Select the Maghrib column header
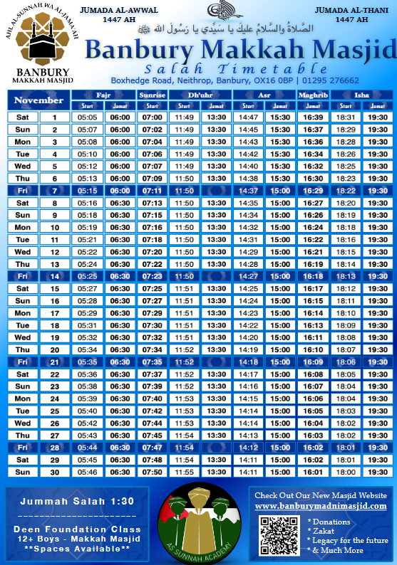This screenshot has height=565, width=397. tap(313, 95)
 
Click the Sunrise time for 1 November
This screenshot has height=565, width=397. tap(153, 117)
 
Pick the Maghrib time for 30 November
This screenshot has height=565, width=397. tap(313, 472)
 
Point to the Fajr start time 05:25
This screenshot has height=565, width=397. tap(87, 275)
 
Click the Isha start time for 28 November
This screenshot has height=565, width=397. tap(346, 448)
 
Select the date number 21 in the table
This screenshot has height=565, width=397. tap(54, 361)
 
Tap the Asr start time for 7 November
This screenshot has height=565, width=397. tap(249, 191)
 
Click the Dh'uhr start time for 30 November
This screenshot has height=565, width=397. tap(185, 472)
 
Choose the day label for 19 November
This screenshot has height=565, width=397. tap(23, 337)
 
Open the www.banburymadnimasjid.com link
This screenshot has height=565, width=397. tap(321, 505)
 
